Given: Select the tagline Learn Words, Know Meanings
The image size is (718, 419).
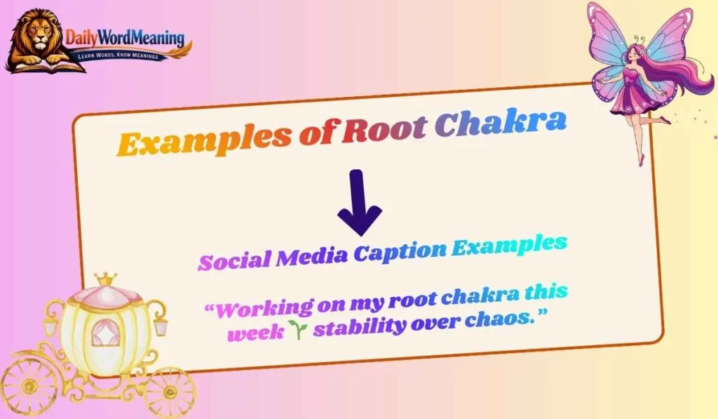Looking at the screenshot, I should pos(127,55).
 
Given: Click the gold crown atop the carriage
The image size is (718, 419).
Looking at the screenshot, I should pos(106,279).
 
